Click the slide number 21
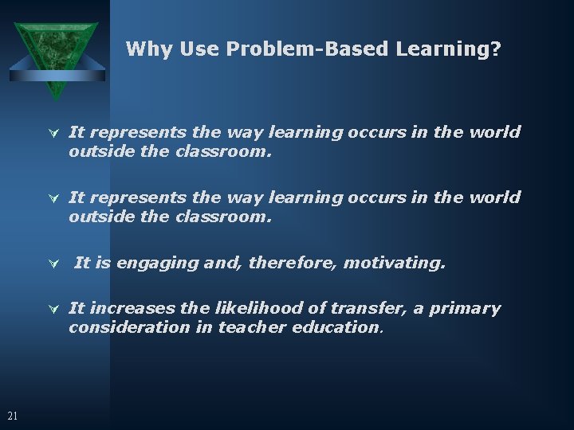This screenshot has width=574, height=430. (x=12, y=415)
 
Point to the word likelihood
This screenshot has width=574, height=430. (x=240, y=308)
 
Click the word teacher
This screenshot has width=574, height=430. (x=246, y=326)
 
